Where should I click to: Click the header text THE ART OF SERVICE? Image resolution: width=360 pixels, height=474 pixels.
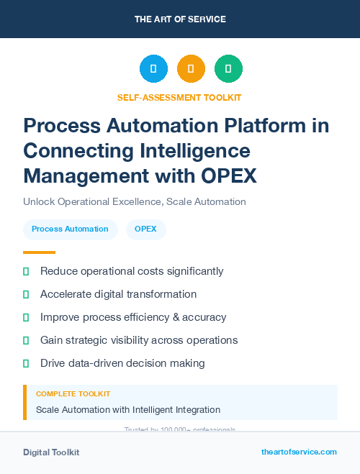pos(180,19)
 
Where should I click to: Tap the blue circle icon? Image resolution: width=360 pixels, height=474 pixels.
pos(153,69)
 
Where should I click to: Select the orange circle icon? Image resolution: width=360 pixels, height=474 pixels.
pos(191,69)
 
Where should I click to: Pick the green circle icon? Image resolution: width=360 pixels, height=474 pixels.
pos(228,69)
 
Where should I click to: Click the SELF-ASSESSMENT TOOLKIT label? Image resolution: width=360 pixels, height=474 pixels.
pos(179,97)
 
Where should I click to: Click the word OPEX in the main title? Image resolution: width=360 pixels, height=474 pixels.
pos(224,175)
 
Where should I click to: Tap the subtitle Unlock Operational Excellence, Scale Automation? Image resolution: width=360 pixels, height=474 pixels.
pos(135,201)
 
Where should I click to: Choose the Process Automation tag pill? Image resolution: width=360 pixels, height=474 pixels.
pos(70,229)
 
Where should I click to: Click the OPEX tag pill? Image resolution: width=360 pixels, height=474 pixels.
pos(146,229)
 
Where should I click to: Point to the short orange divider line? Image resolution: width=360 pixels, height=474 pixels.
pos(39,252)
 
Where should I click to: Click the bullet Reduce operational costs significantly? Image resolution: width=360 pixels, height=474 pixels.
pos(132,271)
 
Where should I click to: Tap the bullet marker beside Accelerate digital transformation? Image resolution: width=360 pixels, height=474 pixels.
pos(26,294)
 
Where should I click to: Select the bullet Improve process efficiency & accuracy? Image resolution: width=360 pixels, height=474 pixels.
pos(133,317)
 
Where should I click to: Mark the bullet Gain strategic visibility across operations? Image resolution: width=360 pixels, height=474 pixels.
pos(139,340)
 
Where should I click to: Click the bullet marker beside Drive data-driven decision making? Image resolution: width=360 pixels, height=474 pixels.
pos(26,363)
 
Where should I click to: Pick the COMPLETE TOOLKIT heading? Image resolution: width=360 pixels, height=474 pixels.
pos(73,394)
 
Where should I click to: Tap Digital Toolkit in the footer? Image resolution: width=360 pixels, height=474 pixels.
pos(51,452)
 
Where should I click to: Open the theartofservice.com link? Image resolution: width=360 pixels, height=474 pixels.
pos(299,452)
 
